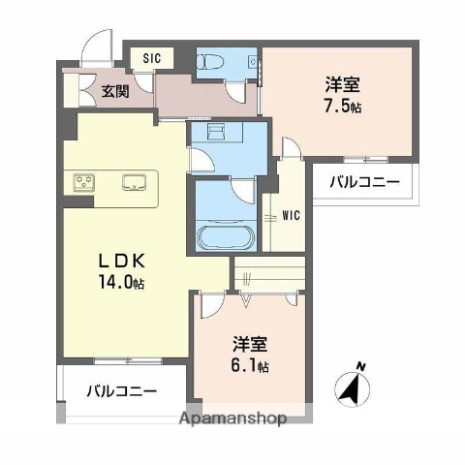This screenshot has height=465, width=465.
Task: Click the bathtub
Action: (x=223, y=235)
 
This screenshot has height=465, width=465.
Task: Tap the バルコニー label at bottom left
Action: (x=121, y=391)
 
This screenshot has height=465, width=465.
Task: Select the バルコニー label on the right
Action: (x=363, y=181)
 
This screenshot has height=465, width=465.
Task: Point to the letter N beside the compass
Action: (x=361, y=366)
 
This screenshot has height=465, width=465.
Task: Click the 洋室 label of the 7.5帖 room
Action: (x=343, y=82)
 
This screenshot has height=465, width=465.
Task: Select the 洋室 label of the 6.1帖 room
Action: (x=250, y=345)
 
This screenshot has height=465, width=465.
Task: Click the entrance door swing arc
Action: (x=97, y=44)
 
